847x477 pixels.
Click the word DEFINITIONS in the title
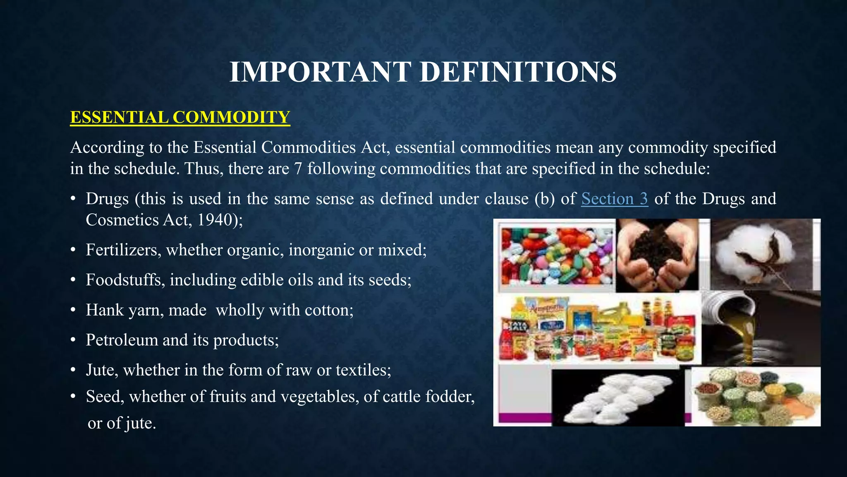[518, 72]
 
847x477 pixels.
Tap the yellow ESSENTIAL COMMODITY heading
[180, 117]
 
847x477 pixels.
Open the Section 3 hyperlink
[615, 199]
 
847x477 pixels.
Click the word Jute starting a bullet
[101, 370]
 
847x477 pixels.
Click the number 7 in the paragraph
[298, 169]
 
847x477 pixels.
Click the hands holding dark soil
[657, 256]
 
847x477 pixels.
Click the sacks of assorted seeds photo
[755, 397]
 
